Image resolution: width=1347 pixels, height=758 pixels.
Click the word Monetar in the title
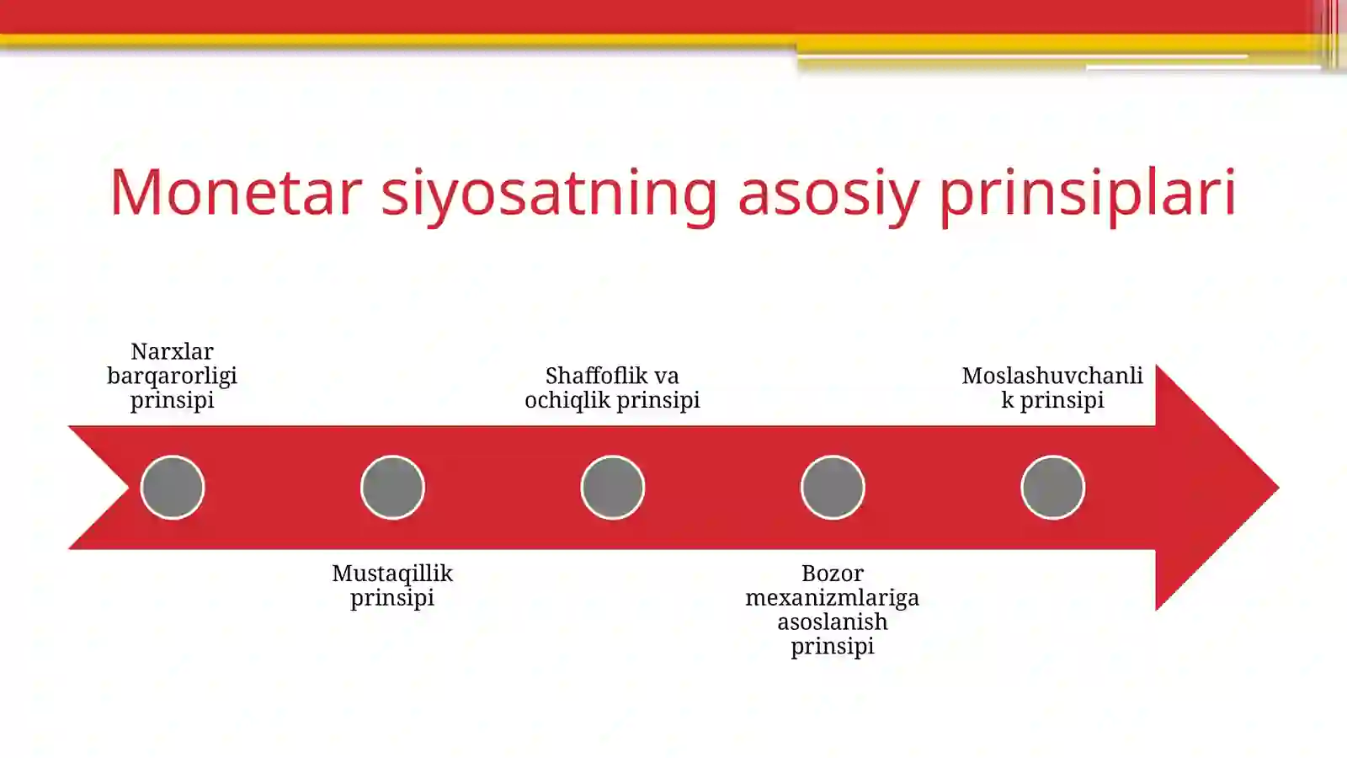(x=236, y=192)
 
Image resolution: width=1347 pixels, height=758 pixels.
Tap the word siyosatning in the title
(x=549, y=194)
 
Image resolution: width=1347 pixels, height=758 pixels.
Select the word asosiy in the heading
(x=828, y=194)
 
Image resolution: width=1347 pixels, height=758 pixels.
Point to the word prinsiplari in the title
(x=1087, y=194)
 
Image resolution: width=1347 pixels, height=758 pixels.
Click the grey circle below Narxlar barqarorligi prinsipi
(x=173, y=487)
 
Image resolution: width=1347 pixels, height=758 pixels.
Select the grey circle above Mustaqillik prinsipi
(x=392, y=487)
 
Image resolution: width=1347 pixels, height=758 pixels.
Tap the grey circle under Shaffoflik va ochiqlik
(x=613, y=487)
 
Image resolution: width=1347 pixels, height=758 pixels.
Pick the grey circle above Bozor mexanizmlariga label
(x=833, y=487)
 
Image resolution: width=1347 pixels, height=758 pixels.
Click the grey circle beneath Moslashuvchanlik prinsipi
(x=1052, y=487)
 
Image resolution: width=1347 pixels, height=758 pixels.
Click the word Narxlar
(x=172, y=351)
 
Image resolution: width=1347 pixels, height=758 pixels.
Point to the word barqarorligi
(x=172, y=376)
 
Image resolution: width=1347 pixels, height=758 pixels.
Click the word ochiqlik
(x=567, y=400)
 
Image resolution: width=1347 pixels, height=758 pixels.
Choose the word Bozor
(x=833, y=574)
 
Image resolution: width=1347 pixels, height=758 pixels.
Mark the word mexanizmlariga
(x=833, y=598)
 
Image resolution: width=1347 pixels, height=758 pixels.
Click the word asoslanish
(x=833, y=622)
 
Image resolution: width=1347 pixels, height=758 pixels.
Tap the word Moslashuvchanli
(x=1052, y=376)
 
